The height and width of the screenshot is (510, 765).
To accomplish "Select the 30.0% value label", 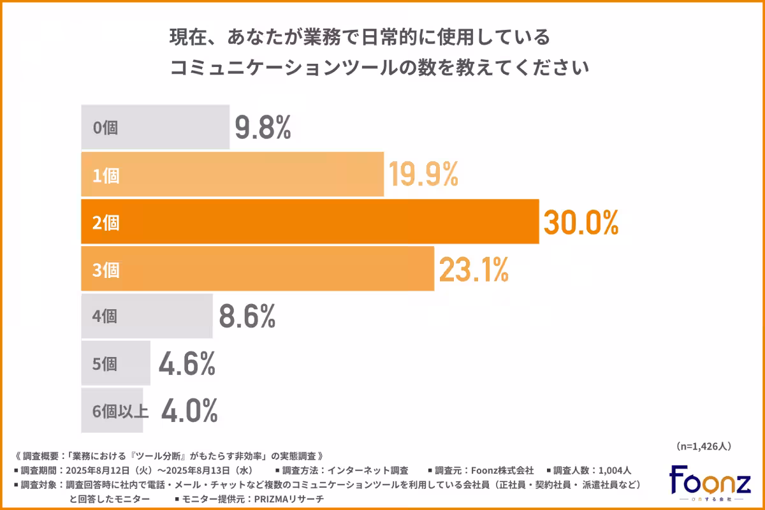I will point(581,222).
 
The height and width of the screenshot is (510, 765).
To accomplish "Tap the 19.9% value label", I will point(424,175).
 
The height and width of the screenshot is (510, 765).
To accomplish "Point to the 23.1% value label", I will point(473,270).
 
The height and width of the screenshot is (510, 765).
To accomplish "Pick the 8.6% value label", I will point(247,316).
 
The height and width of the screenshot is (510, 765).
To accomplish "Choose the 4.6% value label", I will point(186,363).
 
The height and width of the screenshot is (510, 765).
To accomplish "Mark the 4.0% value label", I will point(189,411).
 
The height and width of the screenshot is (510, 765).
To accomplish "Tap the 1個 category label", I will point(106,175).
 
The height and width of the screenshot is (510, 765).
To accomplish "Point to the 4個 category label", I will point(106,317).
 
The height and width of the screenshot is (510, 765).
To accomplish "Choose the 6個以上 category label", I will point(120,411).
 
